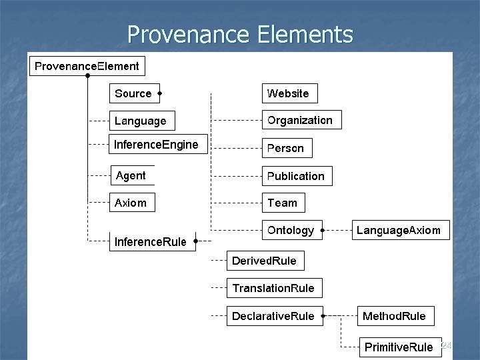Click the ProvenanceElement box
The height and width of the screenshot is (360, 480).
(87, 66)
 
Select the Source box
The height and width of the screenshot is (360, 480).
(133, 93)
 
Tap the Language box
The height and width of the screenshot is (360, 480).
(141, 121)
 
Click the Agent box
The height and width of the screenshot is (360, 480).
(131, 175)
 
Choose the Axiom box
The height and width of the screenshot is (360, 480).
(131, 203)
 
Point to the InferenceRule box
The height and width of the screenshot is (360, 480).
(151, 241)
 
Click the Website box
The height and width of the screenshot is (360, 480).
(289, 93)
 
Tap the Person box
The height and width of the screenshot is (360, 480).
(286, 148)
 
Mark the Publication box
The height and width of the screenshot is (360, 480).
(296, 176)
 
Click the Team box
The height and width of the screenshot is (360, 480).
(283, 203)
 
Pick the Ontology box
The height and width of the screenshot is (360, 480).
(291, 230)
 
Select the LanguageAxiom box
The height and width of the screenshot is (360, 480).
(399, 230)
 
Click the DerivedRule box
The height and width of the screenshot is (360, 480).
(265, 261)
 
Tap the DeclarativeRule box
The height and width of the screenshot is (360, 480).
(273, 316)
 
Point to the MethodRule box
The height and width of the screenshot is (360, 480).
(394, 316)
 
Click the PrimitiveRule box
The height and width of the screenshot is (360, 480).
(399, 347)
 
